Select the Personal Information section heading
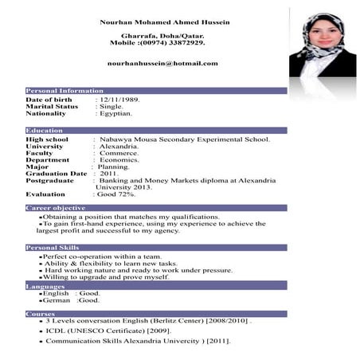[x=65, y=91]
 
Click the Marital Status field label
[x=52, y=106]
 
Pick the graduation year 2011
[x=108, y=173]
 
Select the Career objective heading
[x=56, y=208]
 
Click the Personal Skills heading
[x=53, y=248]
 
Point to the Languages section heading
[x=45, y=285]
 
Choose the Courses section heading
[x=41, y=313]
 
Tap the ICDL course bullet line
[x=108, y=330]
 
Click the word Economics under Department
[x=119, y=159]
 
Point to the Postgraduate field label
[x=49, y=180]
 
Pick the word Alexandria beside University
[x=119, y=146]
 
